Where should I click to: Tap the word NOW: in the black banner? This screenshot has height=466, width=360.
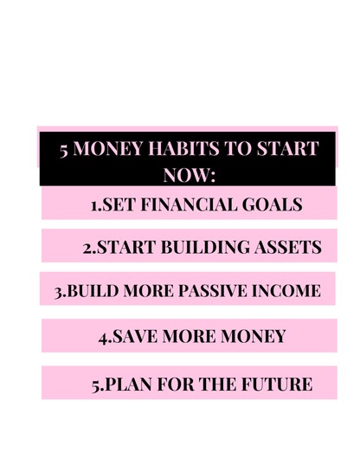point(188,174)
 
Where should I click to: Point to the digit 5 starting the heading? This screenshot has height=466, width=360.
point(65,148)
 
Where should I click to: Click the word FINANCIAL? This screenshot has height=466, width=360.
point(188,205)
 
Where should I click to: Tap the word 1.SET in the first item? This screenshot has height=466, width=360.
point(112,205)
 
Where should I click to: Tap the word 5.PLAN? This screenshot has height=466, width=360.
point(125,384)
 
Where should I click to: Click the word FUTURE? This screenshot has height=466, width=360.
point(276,384)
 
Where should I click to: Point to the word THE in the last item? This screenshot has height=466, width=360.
point(216,384)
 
